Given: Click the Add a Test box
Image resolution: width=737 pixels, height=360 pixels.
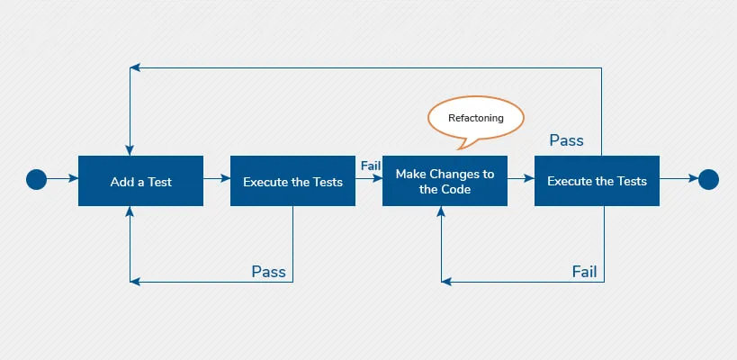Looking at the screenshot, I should [140, 181].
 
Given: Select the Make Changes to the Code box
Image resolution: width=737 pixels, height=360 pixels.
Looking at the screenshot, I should [445, 181].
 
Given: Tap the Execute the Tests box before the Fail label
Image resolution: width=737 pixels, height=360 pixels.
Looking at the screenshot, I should [292, 181].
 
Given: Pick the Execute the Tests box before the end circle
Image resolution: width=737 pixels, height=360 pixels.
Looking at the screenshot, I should [597, 181].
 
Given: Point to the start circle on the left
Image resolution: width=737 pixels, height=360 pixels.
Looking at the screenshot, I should [36, 180].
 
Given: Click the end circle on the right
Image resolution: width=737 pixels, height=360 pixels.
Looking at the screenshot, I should [708, 180].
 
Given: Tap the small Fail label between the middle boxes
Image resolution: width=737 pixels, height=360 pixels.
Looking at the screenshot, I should [370, 166].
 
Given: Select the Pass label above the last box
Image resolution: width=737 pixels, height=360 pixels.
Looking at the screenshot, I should [566, 140].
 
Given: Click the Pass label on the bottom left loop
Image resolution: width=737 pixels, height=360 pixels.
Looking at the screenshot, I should [268, 272].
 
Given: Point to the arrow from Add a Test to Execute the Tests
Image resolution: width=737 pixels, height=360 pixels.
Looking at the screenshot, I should [216, 180].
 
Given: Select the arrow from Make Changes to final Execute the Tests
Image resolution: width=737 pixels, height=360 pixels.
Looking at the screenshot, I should [520, 180].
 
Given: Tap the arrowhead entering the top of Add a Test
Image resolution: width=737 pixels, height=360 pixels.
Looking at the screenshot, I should [131, 149].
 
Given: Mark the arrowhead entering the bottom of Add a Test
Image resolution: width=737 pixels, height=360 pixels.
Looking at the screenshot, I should [131, 212].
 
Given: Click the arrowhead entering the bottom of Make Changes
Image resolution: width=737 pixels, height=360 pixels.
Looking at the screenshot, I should [442, 212].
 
